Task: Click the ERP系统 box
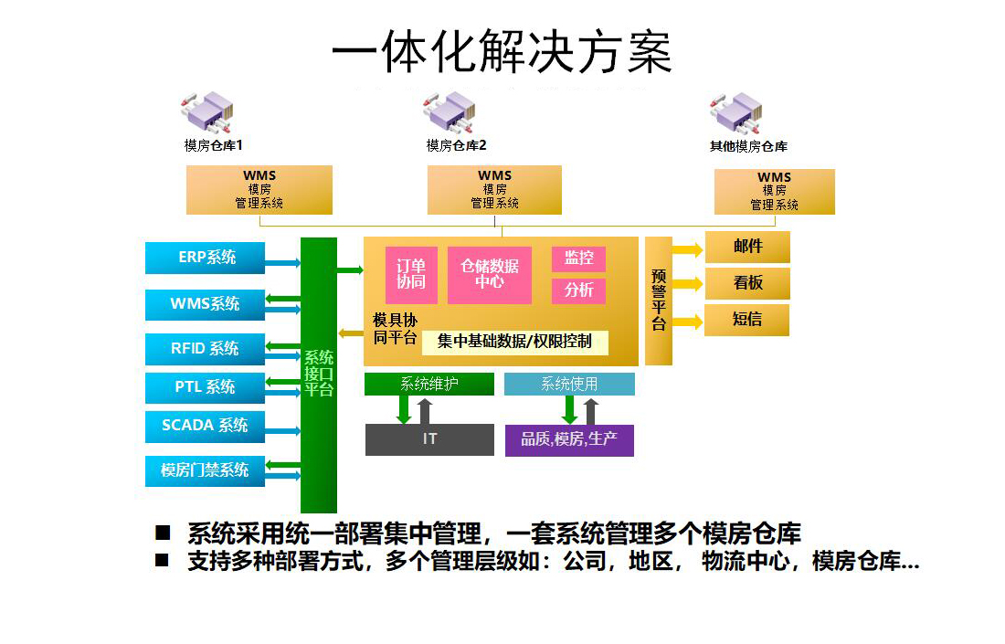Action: [205, 258]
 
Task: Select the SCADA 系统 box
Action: [205, 426]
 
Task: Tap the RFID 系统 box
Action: [205, 349]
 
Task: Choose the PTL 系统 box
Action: [205, 387]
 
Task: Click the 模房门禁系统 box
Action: [205, 471]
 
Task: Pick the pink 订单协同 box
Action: [411, 274]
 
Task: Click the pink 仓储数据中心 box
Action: [490, 274]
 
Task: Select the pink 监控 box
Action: [578, 259]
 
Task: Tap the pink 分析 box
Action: [578, 290]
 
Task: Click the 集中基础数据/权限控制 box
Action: [514, 343]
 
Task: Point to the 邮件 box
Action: [747, 247]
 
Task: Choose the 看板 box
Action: [747, 283]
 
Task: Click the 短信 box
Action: [746, 320]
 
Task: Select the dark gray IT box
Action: [429, 439]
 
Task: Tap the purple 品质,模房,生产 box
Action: [569, 440]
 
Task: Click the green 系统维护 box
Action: [429, 384]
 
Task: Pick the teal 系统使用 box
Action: [569, 384]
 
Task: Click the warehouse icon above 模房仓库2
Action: [450, 112]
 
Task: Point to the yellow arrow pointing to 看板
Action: [688, 283]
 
